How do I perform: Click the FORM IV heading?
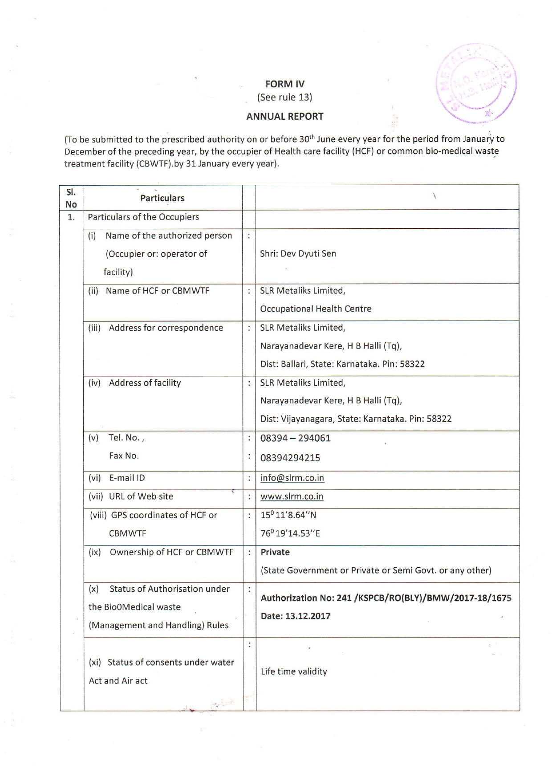tap(285, 84)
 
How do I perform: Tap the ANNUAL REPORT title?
tap(285, 117)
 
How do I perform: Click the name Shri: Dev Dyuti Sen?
tap(298, 254)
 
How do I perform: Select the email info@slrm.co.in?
tap(292, 478)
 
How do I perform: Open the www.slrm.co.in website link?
tap(292, 496)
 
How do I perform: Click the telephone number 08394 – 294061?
tap(295, 438)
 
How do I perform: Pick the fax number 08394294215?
tap(290, 458)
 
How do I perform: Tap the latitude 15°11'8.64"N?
tap(288, 515)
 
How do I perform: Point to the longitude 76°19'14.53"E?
tap(290, 533)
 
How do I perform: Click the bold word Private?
tap(275, 552)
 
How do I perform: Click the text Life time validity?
tap(294, 671)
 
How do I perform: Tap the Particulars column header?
tap(162, 198)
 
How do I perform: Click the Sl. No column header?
tap(71, 198)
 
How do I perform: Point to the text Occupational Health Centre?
tap(316, 309)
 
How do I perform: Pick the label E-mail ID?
tap(127, 478)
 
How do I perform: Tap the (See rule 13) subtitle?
tap(285, 97)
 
